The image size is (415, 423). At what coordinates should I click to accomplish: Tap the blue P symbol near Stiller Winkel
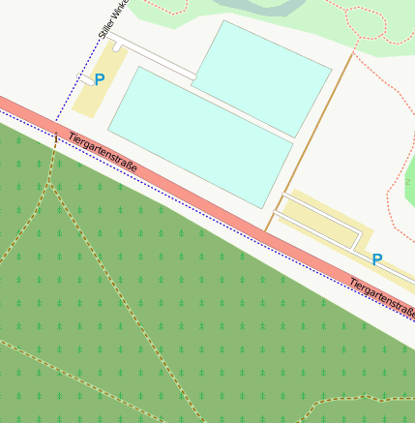(x=99, y=80)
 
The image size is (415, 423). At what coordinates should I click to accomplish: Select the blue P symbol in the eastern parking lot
(x=377, y=259)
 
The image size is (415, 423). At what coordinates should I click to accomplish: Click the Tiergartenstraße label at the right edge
(x=381, y=297)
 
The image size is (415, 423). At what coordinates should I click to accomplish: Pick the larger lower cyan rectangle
(x=199, y=136)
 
